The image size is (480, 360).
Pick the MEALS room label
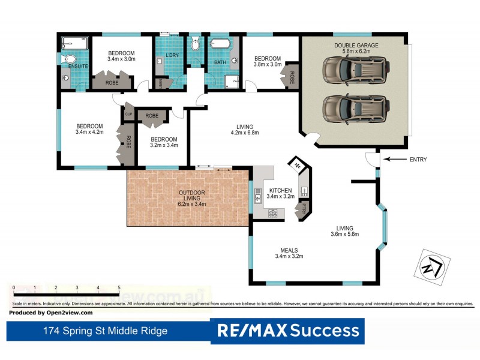click(289, 253)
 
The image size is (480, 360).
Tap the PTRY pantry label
click(304, 209)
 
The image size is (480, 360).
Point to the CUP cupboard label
click(128, 112)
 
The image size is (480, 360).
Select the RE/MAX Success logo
click(287, 331)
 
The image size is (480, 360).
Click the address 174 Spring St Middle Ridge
click(105, 331)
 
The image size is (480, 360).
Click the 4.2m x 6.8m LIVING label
click(245, 130)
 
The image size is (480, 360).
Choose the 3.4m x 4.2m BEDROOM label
click(89, 130)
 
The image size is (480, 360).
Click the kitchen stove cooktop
click(273, 212)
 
